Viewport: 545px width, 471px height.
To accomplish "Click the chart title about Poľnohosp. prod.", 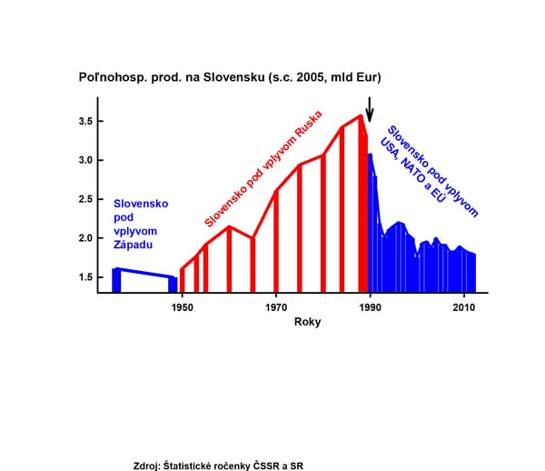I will tap(229, 78).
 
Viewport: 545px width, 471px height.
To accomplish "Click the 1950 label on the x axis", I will tap(183, 307).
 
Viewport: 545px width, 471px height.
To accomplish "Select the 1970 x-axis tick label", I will tap(276, 307).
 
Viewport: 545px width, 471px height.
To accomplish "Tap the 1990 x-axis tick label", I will tap(370, 307).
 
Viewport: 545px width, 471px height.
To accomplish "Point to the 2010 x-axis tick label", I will tap(463, 307).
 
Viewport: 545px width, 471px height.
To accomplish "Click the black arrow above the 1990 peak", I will tap(369, 107).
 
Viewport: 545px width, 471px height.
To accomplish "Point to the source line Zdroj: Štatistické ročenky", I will tap(217, 440).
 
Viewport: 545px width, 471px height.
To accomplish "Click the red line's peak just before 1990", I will tap(360, 116).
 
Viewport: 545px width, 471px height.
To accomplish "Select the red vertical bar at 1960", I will tap(229, 259).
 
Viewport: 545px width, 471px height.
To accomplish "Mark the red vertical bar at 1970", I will tap(276, 241).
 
